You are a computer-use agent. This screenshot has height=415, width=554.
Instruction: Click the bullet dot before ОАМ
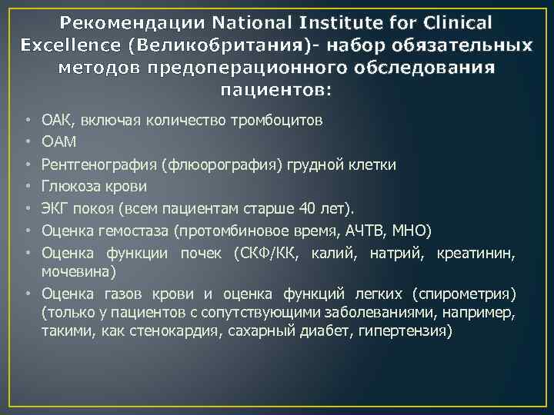pos(28,142)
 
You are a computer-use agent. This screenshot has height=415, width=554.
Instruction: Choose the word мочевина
pos(76,271)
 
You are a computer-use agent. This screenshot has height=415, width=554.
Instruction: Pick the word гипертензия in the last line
pos(410,331)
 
